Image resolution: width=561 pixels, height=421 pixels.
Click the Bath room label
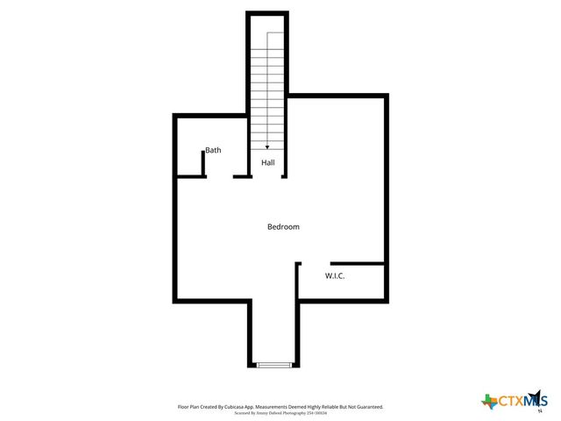[x=213, y=150]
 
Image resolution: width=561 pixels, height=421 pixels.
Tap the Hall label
[x=267, y=163]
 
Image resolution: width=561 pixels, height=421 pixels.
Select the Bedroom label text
[x=283, y=226]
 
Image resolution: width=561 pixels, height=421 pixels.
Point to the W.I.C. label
[x=335, y=275]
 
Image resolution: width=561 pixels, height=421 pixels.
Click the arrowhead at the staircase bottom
[x=267, y=147]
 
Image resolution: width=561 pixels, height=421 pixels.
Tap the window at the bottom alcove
[x=273, y=364]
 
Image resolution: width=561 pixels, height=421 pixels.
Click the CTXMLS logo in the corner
[x=514, y=401]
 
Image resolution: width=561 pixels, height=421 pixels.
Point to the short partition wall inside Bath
[x=204, y=163]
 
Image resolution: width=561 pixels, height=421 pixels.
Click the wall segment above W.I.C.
[x=357, y=262]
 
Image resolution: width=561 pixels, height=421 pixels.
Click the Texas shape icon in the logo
[x=489, y=401]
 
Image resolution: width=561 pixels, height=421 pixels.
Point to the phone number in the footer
[x=315, y=412]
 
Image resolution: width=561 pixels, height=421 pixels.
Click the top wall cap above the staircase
[x=267, y=13]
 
